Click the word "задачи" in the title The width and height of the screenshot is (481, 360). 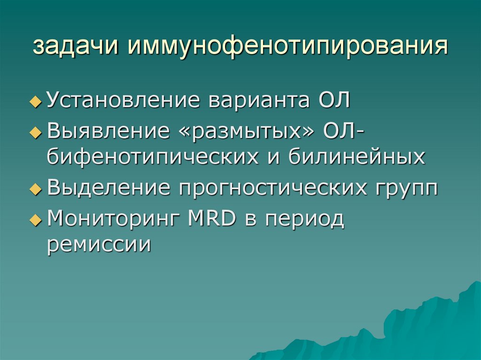click(76, 47)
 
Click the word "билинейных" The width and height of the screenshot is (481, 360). click(357, 157)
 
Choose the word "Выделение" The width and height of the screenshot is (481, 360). click(109, 188)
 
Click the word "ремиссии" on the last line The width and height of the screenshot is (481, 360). click(99, 245)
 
